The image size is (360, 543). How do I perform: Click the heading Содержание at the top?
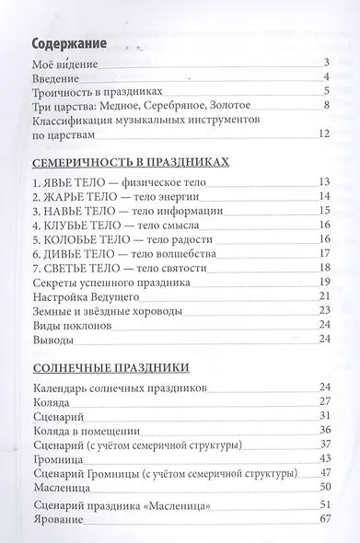tap(67, 43)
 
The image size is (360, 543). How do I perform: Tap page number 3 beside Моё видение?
tap(325, 63)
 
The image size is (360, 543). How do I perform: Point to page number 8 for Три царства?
tap(326, 107)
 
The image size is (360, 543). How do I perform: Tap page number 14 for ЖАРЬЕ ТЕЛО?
tap(322, 196)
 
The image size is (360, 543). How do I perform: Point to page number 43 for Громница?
tap(322, 457)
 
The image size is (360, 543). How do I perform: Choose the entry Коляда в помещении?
tap(87, 428)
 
